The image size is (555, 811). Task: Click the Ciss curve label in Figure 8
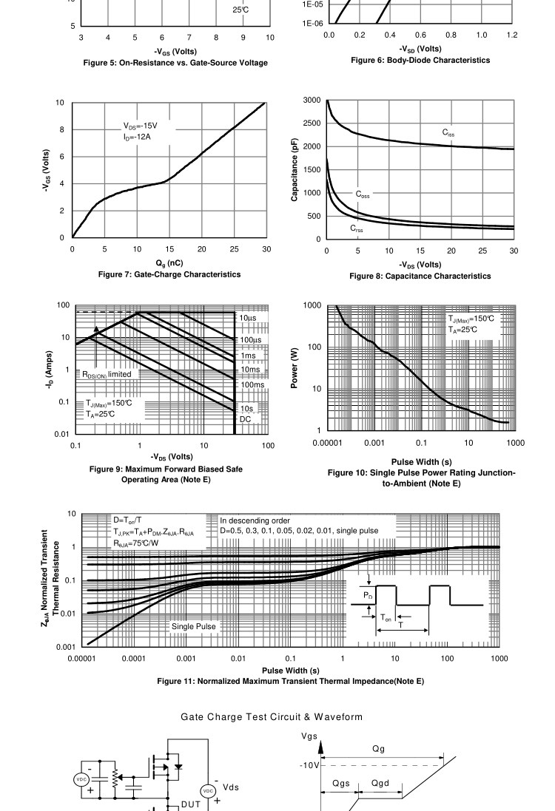point(449,132)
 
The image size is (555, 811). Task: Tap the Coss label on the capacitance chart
point(362,195)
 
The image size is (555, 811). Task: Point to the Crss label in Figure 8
point(357,229)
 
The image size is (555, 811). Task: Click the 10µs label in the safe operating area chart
point(247,318)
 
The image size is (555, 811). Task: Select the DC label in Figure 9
point(246,420)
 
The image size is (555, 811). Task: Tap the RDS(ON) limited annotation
point(107,375)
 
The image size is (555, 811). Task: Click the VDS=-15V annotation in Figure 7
point(141,126)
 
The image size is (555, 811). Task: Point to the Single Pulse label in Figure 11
point(194,627)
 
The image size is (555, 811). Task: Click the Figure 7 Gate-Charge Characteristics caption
point(169,274)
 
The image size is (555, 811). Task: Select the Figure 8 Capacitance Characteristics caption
point(420,276)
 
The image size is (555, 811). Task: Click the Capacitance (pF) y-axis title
point(295,169)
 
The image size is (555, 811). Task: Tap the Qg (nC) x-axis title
point(169,263)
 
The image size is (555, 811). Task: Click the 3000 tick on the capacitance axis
point(312,100)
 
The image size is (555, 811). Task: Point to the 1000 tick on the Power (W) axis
point(312,306)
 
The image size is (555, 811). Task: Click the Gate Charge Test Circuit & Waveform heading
point(272,717)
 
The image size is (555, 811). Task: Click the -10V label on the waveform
point(309,765)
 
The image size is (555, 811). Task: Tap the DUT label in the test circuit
point(189,804)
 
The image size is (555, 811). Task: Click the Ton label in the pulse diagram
point(387,617)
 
